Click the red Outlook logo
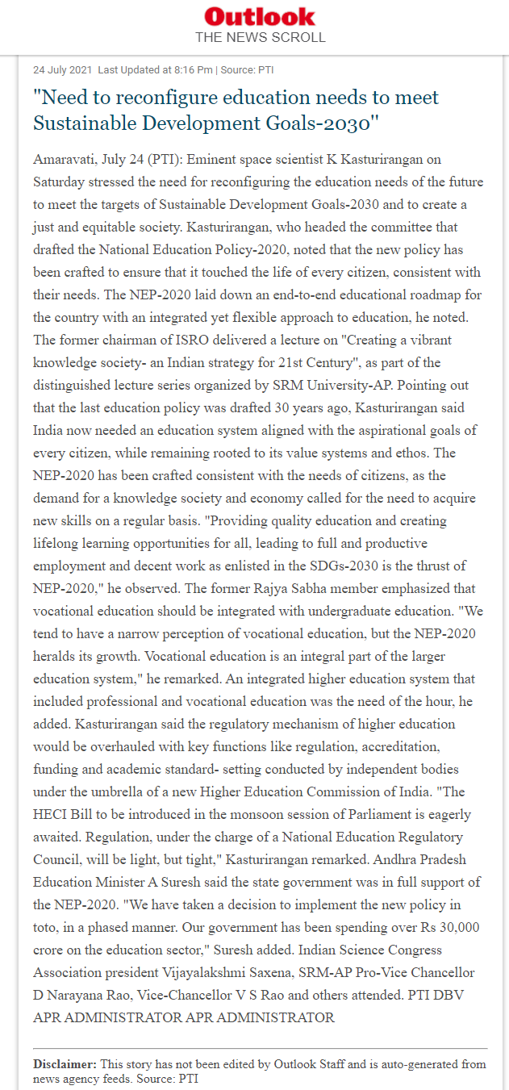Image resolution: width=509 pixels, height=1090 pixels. click(x=260, y=16)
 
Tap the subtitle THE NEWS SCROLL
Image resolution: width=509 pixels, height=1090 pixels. click(x=260, y=37)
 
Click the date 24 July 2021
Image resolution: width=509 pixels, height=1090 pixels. click(x=63, y=70)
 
